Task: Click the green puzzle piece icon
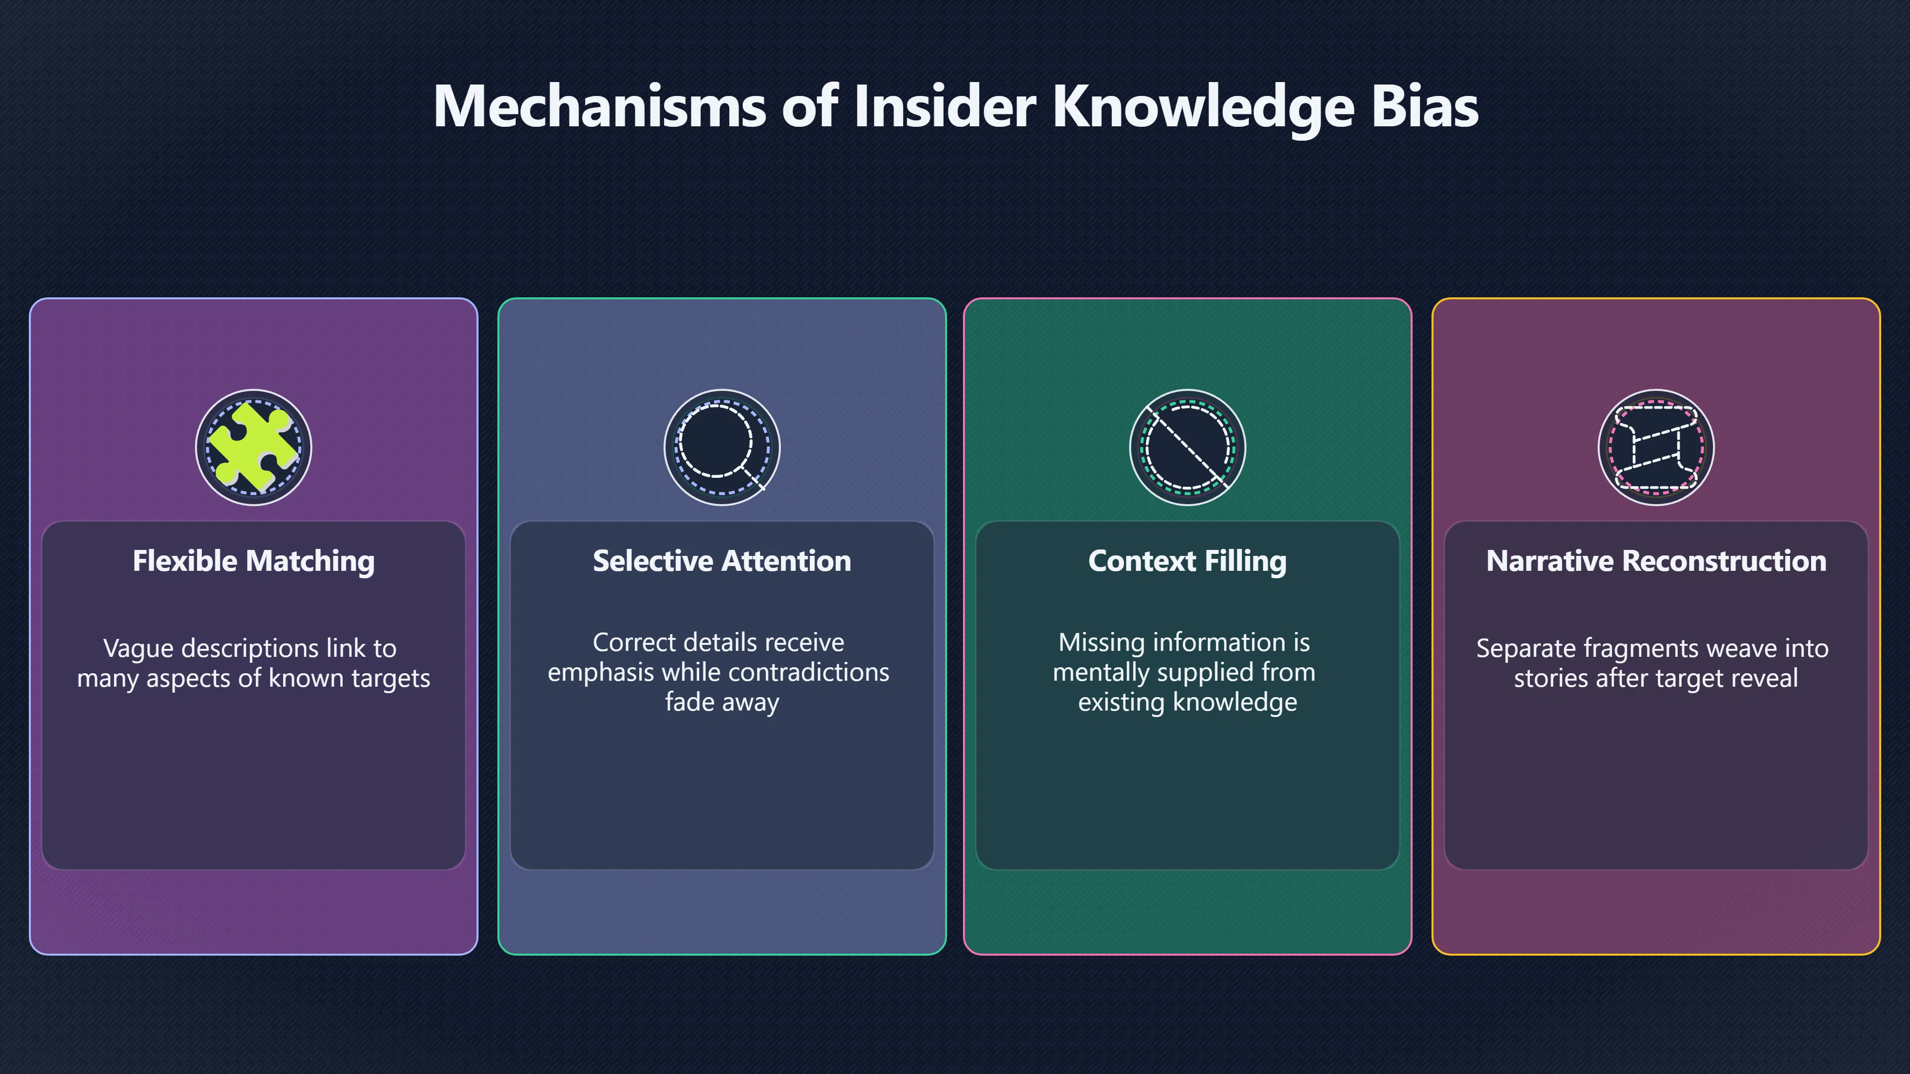coord(253,447)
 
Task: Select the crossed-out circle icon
coord(1187,447)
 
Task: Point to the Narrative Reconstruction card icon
coord(1656,447)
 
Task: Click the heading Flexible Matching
coord(254,561)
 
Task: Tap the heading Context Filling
coord(1188,561)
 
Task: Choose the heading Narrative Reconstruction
coord(1656,561)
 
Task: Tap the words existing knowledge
coord(1188,702)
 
